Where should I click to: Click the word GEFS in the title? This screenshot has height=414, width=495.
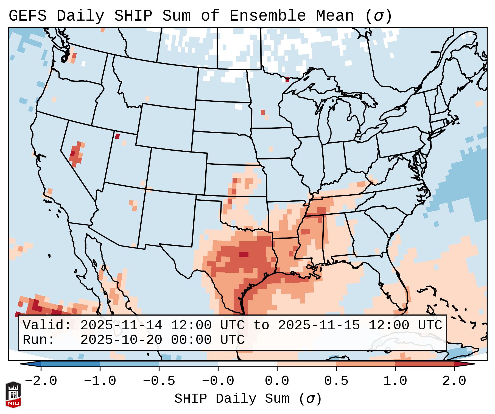pyautogui.click(x=27, y=16)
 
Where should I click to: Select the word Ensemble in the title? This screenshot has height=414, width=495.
pyautogui.click(x=267, y=16)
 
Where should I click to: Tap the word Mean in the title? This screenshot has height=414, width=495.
pyautogui.click(x=335, y=16)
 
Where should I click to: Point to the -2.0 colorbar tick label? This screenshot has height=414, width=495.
pyautogui.click(x=41, y=381)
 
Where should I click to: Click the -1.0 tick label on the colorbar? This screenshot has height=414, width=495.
pyautogui.click(x=100, y=381)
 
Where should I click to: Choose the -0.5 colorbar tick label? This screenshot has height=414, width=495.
pyautogui.click(x=159, y=381)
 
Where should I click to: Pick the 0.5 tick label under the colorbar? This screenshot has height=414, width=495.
pyautogui.click(x=336, y=381)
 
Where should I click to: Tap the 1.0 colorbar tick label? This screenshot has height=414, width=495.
pyautogui.click(x=395, y=381)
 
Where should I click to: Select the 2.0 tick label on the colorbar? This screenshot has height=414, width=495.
pyautogui.click(x=454, y=381)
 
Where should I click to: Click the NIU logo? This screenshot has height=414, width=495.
pyautogui.click(x=13, y=394)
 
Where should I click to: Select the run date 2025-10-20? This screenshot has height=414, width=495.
pyautogui.click(x=121, y=340)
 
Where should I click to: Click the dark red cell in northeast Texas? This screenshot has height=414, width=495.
pyautogui.click(x=244, y=254)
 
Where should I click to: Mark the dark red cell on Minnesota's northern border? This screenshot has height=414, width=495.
pyautogui.click(x=287, y=80)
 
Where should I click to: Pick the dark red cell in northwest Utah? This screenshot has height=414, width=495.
pyautogui.click(x=118, y=136)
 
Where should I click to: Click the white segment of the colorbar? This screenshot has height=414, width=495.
pyautogui.click(x=247, y=364)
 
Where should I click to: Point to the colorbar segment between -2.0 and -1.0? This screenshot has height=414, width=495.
pyautogui.click(x=70, y=364)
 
